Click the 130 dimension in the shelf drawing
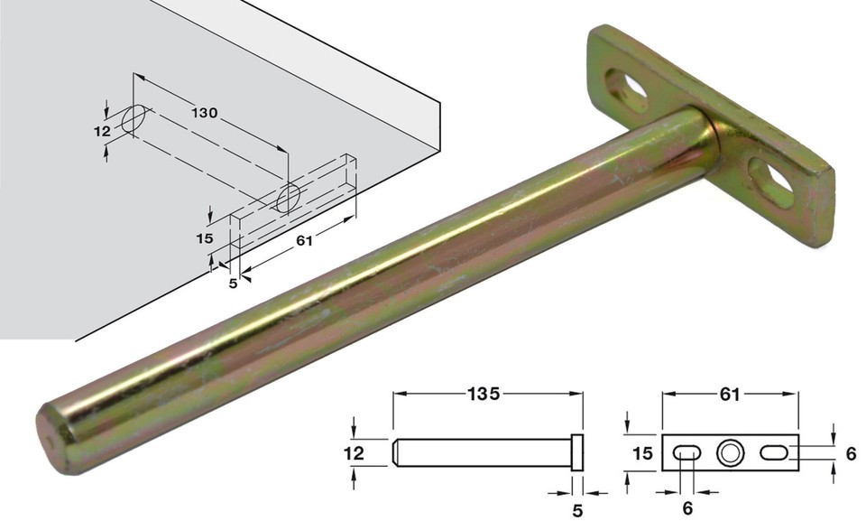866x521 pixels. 205,113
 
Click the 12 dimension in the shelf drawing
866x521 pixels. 101,131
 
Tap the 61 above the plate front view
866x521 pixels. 730,395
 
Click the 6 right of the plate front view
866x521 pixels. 851,454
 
